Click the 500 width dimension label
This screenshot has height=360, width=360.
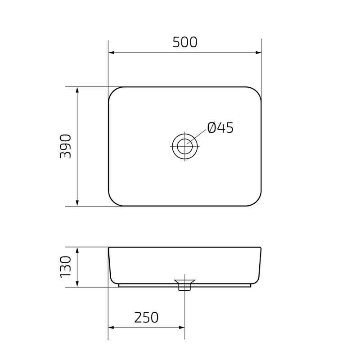pyautogui.click(x=185, y=42)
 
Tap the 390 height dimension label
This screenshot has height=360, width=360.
pyautogui.click(x=66, y=146)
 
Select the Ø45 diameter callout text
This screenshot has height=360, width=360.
pyautogui.click(x=220, y=128)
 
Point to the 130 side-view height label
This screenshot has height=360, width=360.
pyautogui.click(x=66, y=266)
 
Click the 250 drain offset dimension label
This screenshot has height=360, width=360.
pyautogui.click(x=146, y=318)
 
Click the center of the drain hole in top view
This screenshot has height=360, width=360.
pyautogui.click(x=184, y=146)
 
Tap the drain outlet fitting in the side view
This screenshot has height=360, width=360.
pyautogui.click(x=184, y=284)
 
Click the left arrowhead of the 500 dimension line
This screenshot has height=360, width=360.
pyautogui.click(x=112, y=53)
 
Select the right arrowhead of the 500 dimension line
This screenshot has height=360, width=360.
pyautogui.click(x=258, y=53)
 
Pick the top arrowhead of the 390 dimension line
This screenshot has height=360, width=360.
pyautogui.click(x=77, y=90)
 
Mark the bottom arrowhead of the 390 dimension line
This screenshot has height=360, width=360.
pyautogui.click(x=77, y=203)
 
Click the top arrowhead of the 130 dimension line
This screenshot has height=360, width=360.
pyautogui.click(x=77, y=250)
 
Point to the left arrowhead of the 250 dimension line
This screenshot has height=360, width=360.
pyautogui.click(x=112, y=328)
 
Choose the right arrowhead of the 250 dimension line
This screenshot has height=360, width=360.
pyautogui.click(x=181, y=328)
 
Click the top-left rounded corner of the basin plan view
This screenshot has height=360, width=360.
pyautogui.click(x=113, y=91)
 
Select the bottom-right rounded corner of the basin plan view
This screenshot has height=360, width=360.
pyautogui.click(x=257, y=202)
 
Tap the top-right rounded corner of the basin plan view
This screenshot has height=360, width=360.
pyautogui.click(x=257, y=91)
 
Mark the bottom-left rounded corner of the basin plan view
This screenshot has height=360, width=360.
pyautogui.click(x=113, y=202)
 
